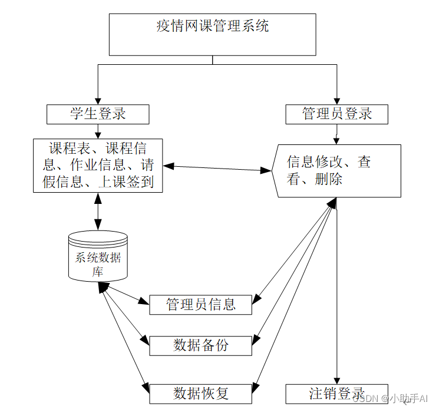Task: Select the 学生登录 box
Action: [98, 114]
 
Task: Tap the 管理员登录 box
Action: [336, 114]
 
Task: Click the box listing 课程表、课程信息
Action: [98, 166]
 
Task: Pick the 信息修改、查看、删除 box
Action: [337, 170]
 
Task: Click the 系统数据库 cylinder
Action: [98, 257]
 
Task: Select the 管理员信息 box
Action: [201, 304]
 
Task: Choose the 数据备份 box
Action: [201, 345]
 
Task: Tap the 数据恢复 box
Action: [201, 393]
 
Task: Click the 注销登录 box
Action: [337, 393]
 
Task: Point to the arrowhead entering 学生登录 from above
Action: [98, 100]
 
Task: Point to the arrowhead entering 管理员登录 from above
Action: [336, 100]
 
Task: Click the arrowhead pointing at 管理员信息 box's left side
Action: [144, 303]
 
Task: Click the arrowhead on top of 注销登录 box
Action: [337, 381]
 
